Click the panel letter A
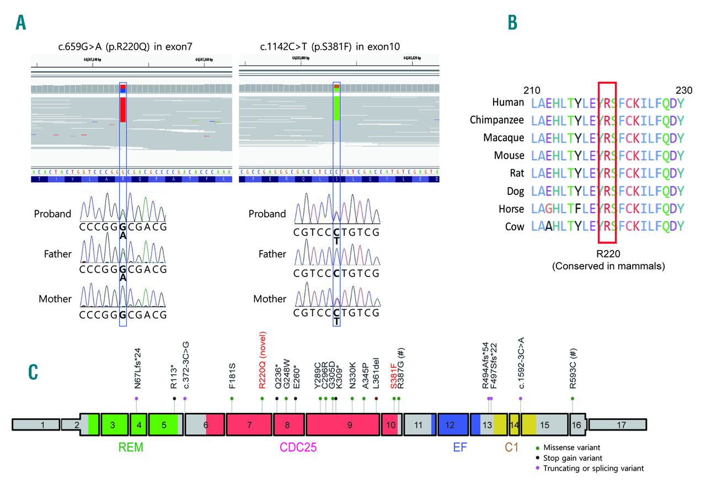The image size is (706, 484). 21,23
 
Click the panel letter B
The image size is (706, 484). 512,23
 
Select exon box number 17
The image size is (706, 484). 617,425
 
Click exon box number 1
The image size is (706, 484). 36,425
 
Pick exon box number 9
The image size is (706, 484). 343,425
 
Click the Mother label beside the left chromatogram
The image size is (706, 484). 55,299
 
